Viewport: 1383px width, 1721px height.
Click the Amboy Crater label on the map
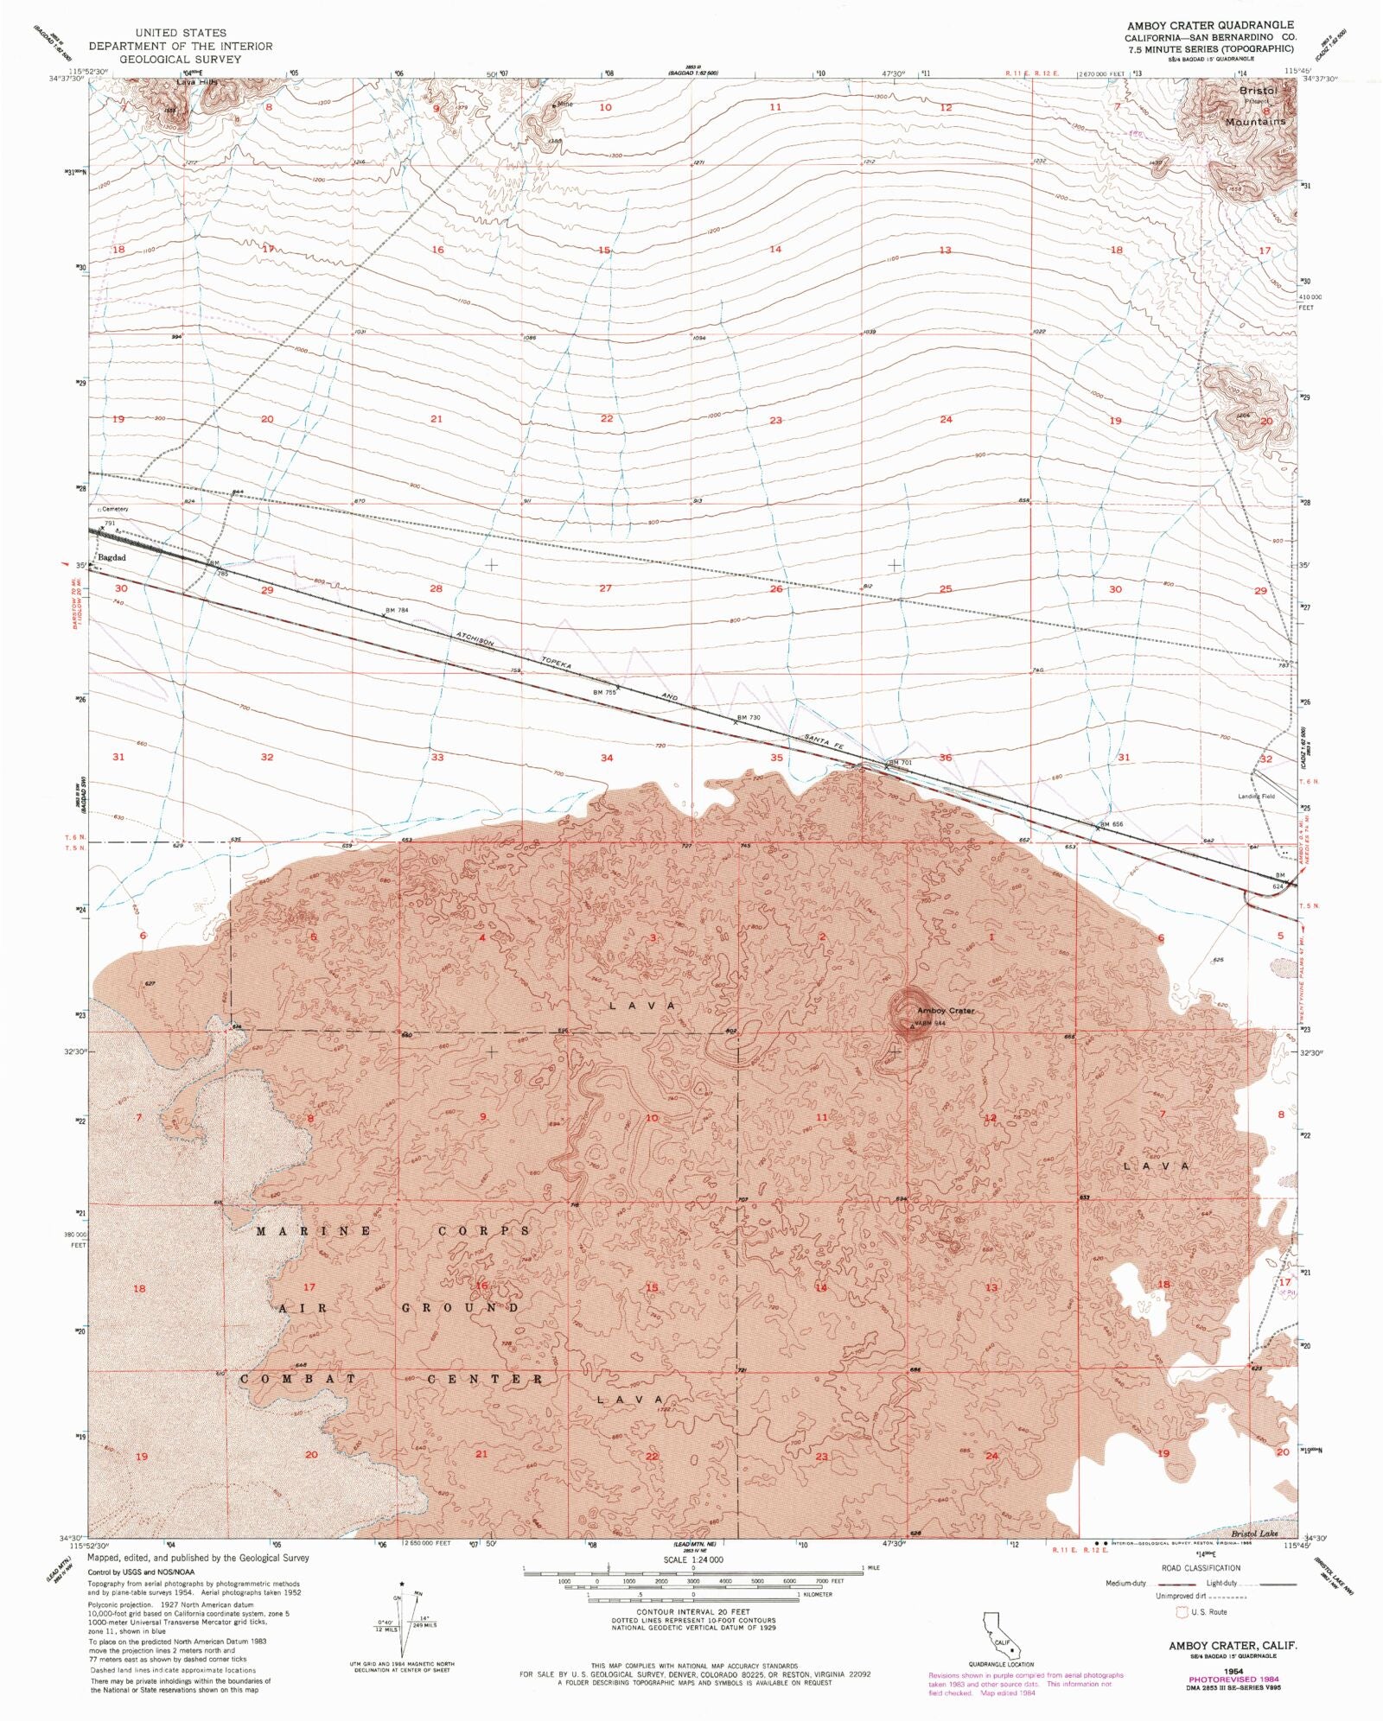(x=946, y=1010)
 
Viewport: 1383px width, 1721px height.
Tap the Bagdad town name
(x=112, y=557)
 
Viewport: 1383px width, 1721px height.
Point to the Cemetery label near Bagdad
(x=113, y=509)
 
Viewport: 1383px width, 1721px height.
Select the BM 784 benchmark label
(x=396, y=610)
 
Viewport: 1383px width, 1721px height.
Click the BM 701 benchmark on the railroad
(x=900, y=763)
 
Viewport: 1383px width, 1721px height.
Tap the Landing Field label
(x=1257, y=796)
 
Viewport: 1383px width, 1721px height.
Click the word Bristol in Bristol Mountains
(x=1258, y=90)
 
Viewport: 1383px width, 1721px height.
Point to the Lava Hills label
(x=198, y=82)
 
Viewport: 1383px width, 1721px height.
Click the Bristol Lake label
(x=1254, y=1534)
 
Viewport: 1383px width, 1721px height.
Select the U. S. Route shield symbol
(x=1181, y=1612)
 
